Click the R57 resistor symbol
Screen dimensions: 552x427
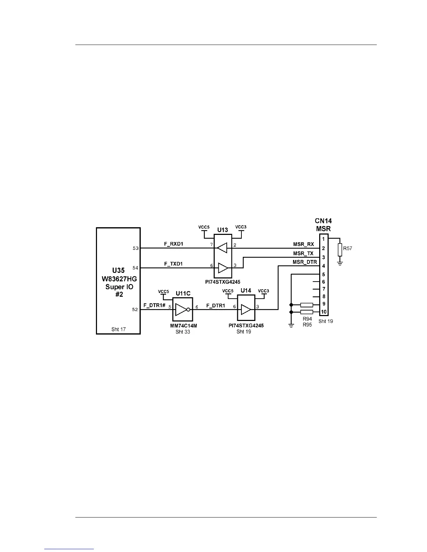pos(340,250)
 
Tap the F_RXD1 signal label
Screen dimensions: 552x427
pos(173,244)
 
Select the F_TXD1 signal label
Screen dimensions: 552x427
pos(173,264)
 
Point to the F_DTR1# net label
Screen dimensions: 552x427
pos(154,305)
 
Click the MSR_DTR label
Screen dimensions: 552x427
pos(305,262)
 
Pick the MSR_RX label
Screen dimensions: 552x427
pos(303,244)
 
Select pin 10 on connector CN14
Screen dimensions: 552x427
pos(324,312)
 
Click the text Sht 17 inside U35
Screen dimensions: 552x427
pos(119,329)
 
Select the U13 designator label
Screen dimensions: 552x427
pos(223,230)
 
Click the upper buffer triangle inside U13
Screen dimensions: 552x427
pos(222,248)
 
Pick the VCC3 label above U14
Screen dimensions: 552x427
pos(263,291)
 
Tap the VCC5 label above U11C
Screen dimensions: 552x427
pos(163,291)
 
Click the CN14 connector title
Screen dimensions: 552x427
pos(323,221)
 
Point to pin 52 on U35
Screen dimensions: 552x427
pos(135,309)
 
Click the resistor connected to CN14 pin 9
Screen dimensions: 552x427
pos(307,305)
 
